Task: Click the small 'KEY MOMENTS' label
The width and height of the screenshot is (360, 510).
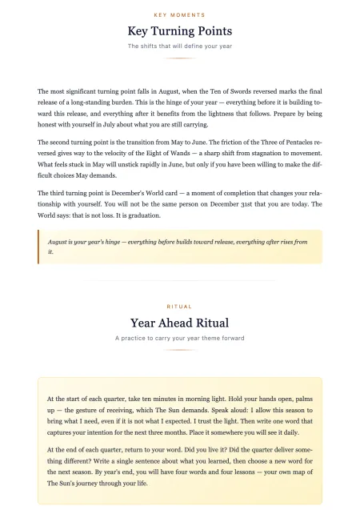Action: coord(180,15)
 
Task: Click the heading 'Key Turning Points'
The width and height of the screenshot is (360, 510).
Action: coord(180,31)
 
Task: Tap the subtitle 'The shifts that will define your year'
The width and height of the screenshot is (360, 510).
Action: coord(180,46)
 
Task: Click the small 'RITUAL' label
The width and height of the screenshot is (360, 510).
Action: coord(180,307)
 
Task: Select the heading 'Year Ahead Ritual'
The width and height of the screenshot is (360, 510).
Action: coord(180,323)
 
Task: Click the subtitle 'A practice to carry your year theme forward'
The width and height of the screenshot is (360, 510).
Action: coord(180,338)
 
